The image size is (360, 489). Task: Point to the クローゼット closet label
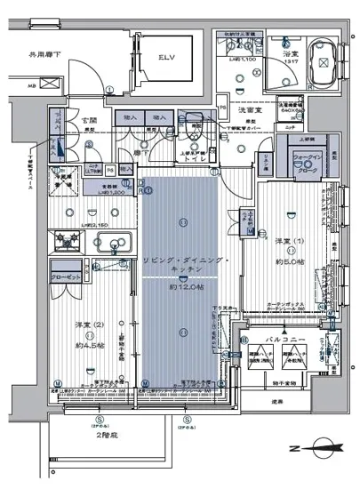[68, 277]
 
